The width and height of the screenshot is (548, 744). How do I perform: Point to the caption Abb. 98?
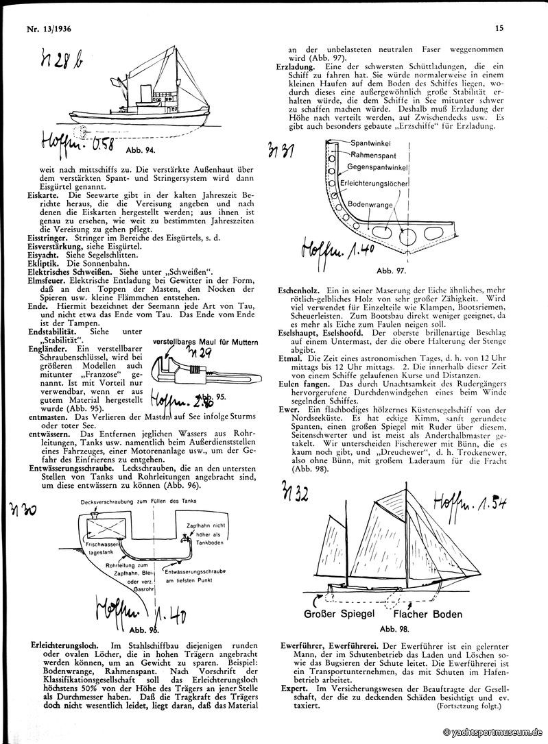393,628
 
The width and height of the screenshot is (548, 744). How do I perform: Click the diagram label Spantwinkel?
372,146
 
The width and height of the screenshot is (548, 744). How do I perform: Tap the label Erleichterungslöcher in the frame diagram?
374,184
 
